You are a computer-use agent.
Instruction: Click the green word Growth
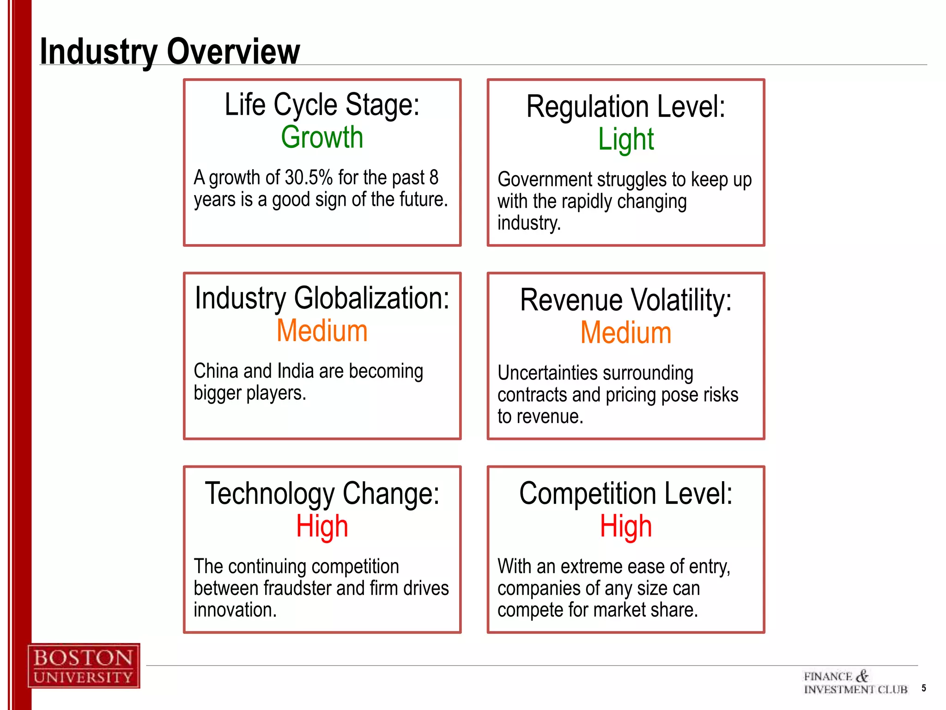[x=322, y=137]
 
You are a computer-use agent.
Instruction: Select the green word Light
[x=625, y=139]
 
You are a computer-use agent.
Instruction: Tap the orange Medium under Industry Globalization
[x=322, y=331]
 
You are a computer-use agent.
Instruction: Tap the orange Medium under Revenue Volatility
[x=625, y=333]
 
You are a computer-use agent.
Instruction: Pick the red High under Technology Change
[x=322, y=526]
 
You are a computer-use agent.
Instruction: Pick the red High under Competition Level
[x=625, y=526]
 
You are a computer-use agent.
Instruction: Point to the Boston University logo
[x=84, y=666]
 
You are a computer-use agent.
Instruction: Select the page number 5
[x=923, y=688]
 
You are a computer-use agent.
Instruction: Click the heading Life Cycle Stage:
[x=322, y=104]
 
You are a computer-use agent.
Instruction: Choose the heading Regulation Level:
[x=625, y=106]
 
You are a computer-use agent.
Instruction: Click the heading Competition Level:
[x=625, y=493]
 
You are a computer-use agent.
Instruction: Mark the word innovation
[x=235, y=610]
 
